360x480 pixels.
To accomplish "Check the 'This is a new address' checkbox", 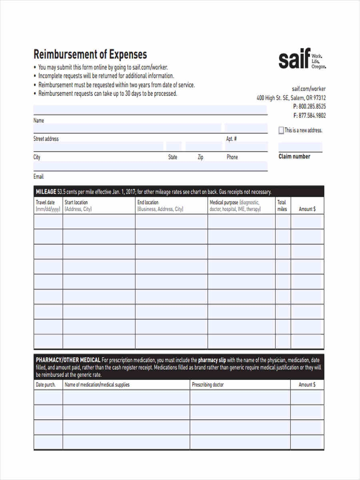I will click(281, 130).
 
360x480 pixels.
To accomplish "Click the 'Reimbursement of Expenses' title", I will click(90, 54).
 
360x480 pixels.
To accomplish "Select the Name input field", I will click(150, 110).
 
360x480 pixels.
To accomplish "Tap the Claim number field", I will click(300, 147).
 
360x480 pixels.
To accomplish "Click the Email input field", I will click(150, 166).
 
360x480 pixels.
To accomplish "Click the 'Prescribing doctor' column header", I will click(208, 385).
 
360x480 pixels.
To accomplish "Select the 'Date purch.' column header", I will click(46, 385).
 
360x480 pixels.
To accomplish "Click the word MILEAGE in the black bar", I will click(46, 192).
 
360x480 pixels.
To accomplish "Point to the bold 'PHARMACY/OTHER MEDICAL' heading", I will click(68, 360).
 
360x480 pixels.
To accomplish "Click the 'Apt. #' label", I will click(232, 139).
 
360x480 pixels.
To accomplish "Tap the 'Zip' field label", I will click(200, 157).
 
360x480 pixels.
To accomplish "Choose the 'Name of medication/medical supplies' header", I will click(97, 385).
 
